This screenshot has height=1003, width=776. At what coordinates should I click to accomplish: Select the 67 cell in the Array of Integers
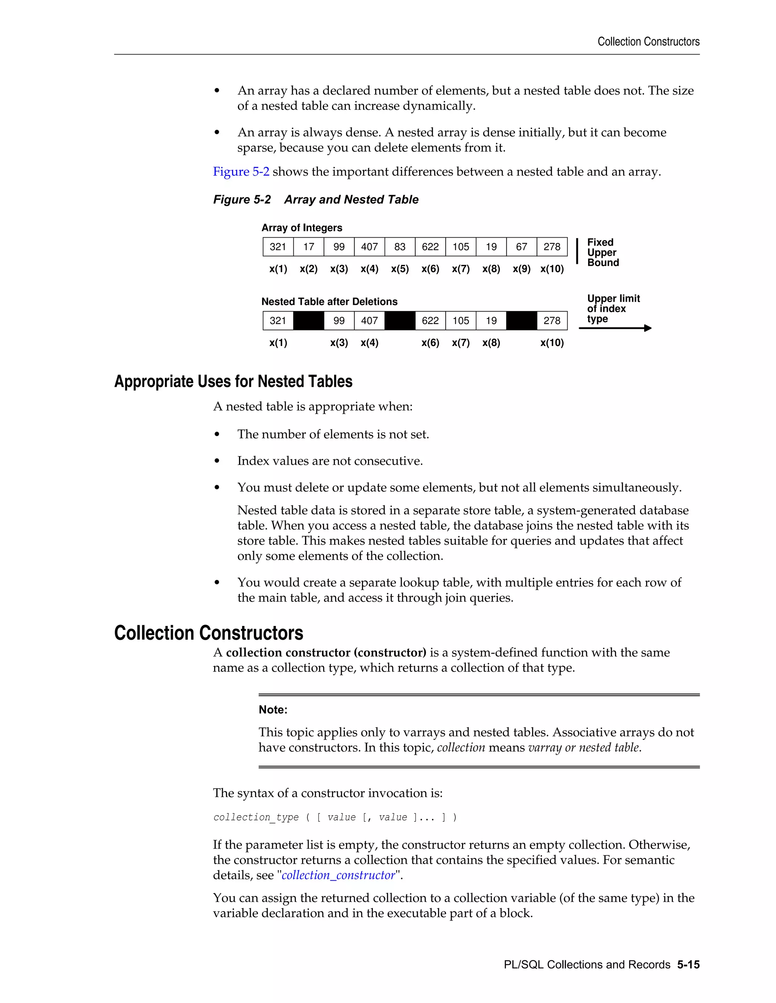point(521,247)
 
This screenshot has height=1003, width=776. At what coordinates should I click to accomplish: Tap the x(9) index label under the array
point(521,269)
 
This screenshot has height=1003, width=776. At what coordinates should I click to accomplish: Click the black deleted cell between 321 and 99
point(308,321)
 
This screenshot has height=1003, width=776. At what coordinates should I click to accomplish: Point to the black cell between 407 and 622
point(399,321)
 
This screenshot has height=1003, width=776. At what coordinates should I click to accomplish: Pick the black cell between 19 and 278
point(521,321)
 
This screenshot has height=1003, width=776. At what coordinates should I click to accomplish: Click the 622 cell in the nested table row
point(430,321)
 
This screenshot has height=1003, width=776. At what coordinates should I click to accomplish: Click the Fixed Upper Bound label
point(603,252)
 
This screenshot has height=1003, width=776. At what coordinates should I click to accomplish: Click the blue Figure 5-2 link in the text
point(241,172)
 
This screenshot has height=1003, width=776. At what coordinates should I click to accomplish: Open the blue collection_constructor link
point(338,875)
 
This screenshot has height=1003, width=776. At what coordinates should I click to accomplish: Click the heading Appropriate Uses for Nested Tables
point(233,382)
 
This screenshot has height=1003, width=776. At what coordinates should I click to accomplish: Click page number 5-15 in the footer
point(688,964)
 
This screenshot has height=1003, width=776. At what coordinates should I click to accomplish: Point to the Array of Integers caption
point(302,228)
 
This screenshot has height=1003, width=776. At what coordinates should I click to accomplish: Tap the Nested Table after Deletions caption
point(329,302)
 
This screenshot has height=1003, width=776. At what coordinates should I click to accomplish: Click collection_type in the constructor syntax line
point(256,818)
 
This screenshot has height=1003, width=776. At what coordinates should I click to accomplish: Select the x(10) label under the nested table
point(552,343)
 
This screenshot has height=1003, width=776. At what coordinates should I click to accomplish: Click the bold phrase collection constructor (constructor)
point(326,653)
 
